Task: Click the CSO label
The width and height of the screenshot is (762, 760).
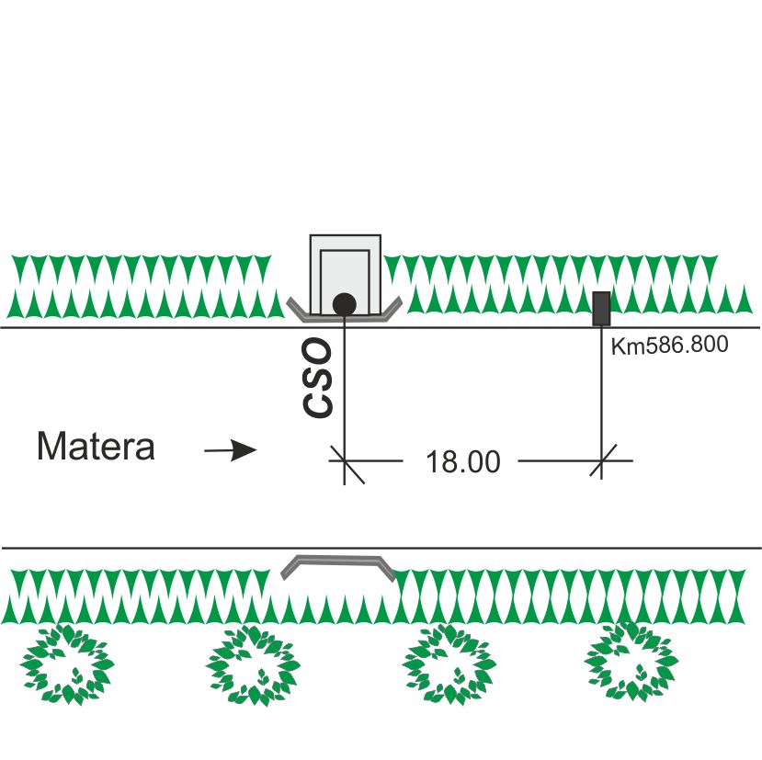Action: (319, 379)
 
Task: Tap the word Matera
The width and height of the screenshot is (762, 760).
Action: (96, 448)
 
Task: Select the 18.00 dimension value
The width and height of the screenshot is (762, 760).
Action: (463, 461)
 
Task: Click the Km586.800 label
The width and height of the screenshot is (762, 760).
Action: (670, 346)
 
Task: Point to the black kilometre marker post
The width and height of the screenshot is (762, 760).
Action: (601, 308)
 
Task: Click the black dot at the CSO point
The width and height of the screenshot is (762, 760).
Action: (344, 302)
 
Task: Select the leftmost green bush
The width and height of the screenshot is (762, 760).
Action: (66, 664)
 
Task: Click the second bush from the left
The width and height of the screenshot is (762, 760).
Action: (254, 664)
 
